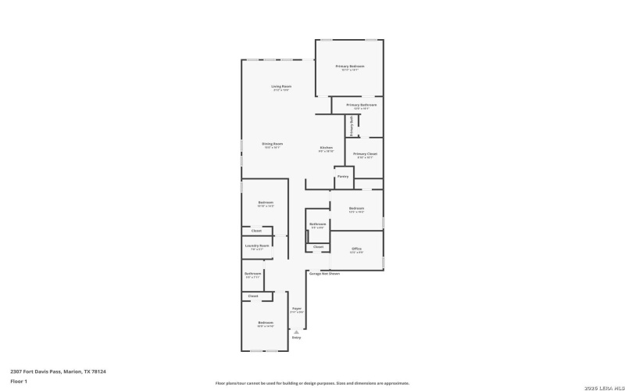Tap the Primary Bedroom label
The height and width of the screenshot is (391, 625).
pyautogui.click(x=350, y=67)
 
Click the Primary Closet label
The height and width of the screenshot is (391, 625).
pyautogui.click(x=365, y=155)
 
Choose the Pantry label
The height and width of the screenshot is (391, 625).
pyautogui.click(x=342, y=177)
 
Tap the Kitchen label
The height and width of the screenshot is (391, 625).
pyautogui.click(x=327, y=149)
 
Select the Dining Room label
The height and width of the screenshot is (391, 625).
pyautogui.click(x=272, y=145)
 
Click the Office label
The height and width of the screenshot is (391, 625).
pyautogui.click(x=356, y=249)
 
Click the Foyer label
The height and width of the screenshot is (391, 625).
pyautogui.click(x=297, y=310)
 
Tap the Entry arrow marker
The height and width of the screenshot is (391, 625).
pyautogui.click(x=296, y=332)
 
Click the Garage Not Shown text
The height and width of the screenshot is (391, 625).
pyautogui.click(x=324, y=274)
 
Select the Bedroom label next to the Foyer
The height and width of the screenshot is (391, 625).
pyautogui.click(x=266, y=323)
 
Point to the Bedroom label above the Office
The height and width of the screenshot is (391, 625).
pyautogui.click(x=356, y=209)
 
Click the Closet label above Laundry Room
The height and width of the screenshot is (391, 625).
pyautogui.click(x=256, y=231)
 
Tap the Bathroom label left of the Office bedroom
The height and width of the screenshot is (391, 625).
pyautogui.click(x=317, y=225)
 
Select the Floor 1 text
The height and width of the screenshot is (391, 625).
pyautogui.click(x=19, y=381)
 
